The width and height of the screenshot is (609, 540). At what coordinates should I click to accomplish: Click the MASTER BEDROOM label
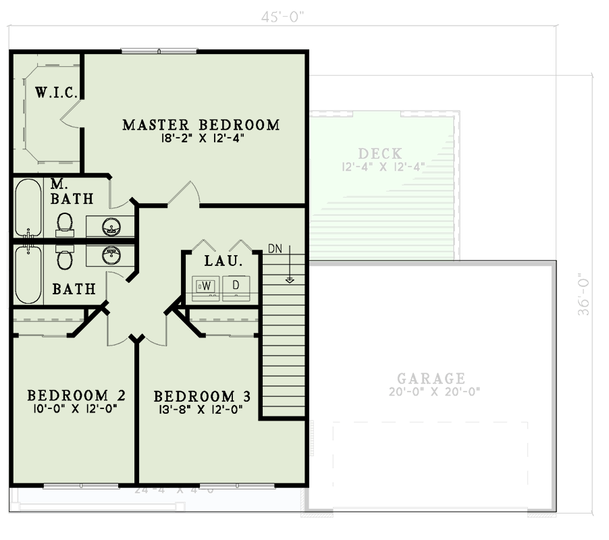pos(201,125)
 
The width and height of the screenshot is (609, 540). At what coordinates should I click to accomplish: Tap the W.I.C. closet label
pos(59,92)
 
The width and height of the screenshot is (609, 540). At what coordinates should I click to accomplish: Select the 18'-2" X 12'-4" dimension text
pos(201,140)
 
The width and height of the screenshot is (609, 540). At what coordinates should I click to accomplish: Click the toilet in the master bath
pos(65,222)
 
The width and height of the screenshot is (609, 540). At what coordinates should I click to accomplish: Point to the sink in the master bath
pos(111,225)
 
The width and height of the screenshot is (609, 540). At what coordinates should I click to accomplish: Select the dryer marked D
pos(236,286)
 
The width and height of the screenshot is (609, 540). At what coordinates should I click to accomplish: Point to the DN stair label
pos(275,248)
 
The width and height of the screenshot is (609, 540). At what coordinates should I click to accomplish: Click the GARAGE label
pos(431,379)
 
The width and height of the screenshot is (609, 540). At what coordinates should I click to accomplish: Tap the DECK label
pos(380,153)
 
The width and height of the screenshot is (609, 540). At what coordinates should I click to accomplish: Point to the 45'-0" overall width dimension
pos(283,18)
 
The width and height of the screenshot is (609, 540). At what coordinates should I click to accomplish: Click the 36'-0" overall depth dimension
pos(584,294)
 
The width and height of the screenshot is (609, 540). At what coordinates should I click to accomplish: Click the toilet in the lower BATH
pos(65,259)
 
